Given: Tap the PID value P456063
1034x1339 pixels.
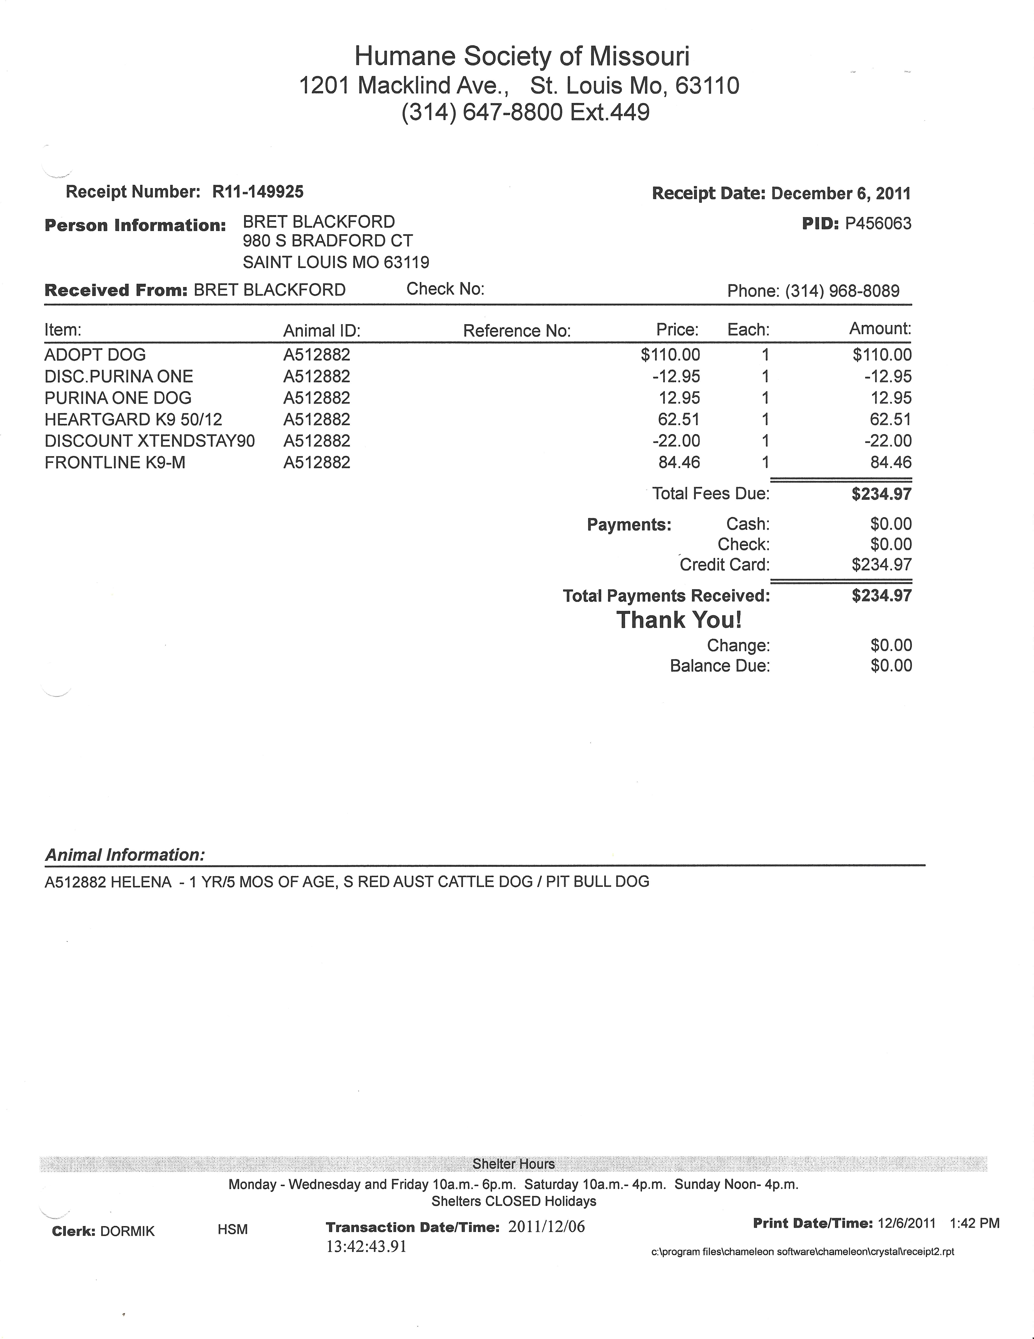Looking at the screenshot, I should [878, 224].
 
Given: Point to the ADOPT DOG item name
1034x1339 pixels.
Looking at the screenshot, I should [95, 355].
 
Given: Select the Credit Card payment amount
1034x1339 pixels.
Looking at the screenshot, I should [881, 565].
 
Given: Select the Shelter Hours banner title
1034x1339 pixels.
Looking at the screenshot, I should [513, 1164].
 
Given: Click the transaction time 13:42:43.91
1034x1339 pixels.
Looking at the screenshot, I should [367, 1246].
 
